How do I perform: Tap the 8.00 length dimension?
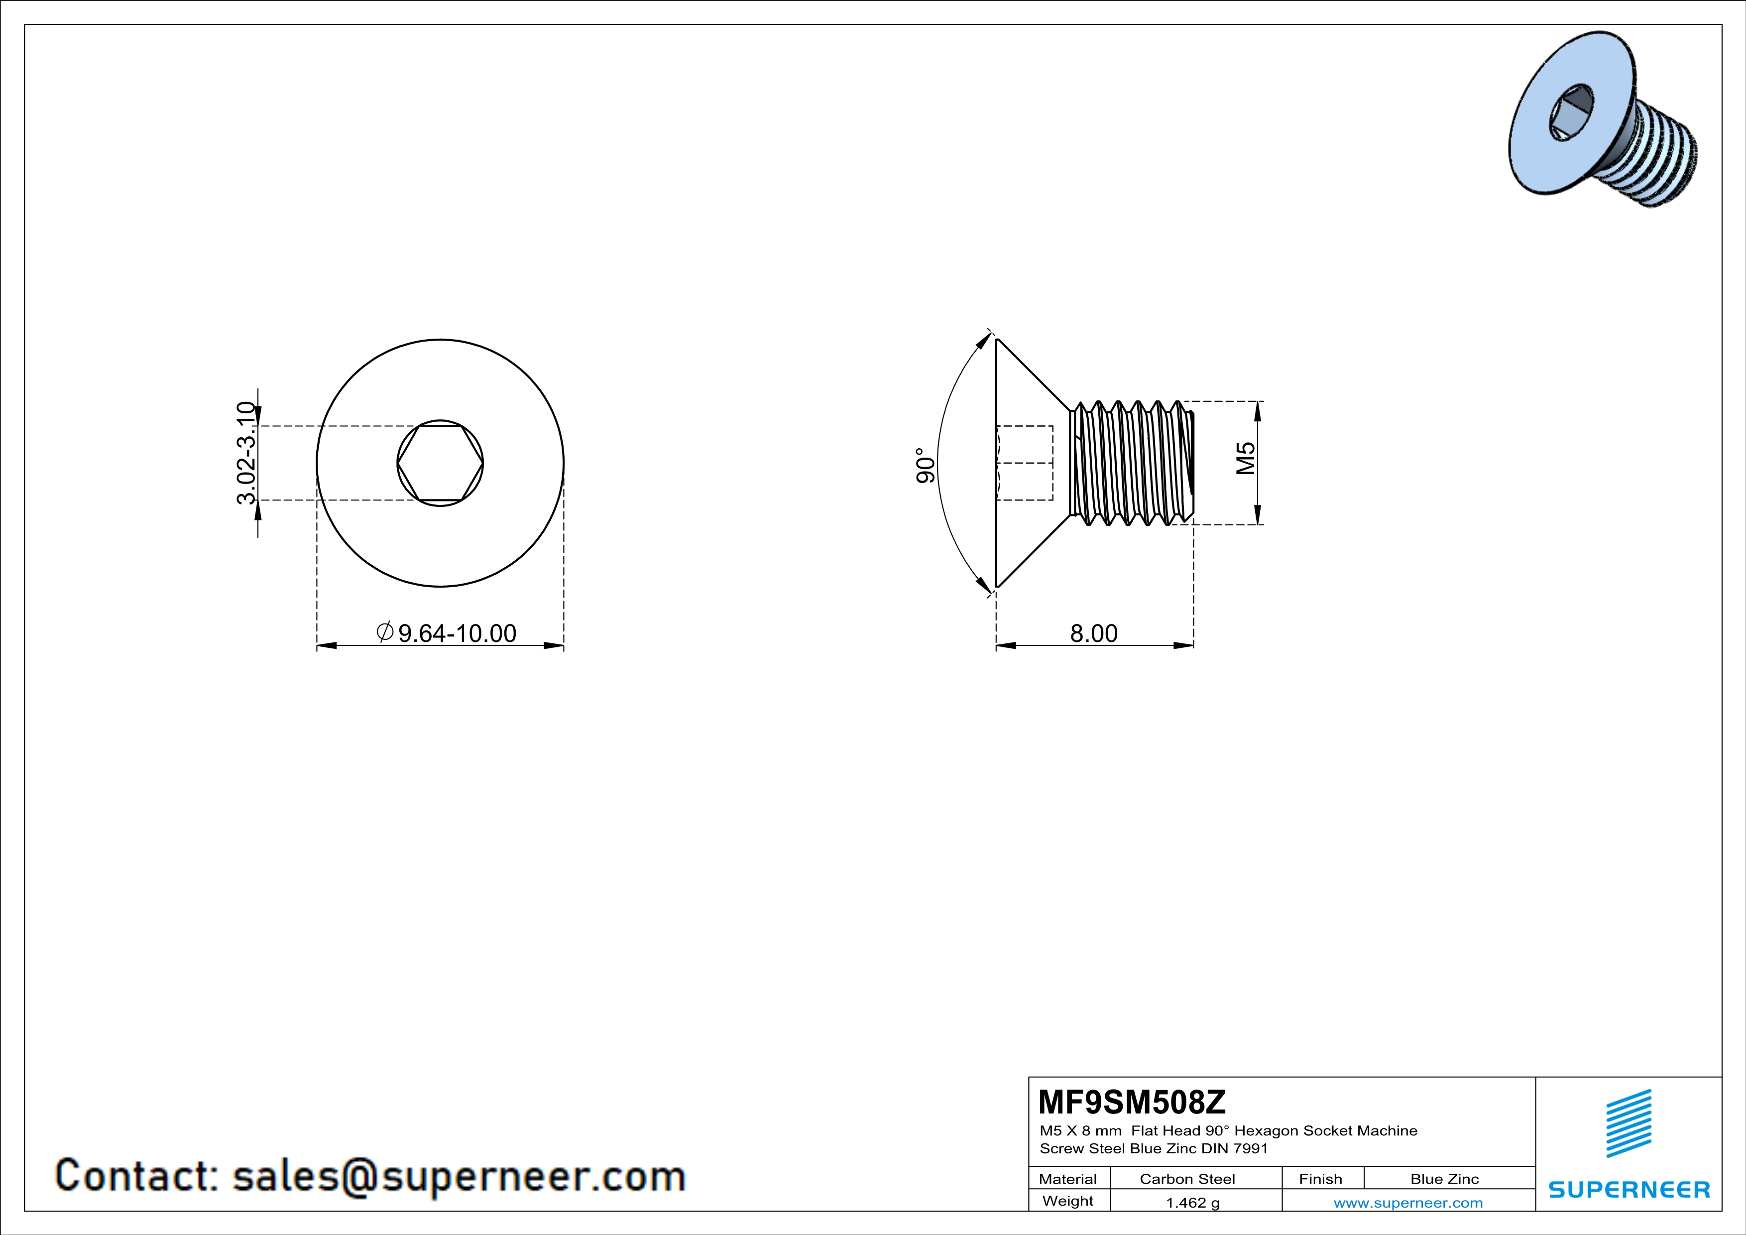(x=1093, y=633)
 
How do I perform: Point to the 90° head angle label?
(x=925, y=466)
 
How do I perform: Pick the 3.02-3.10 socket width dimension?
(x=246, y=454)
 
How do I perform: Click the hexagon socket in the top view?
(x=440, y=463)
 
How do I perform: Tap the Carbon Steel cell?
(x=1187, y=1179)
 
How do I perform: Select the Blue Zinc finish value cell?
(x=1444, y=1179)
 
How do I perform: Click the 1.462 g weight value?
(x=1192, y=1202)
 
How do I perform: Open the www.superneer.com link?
(x=1407, y=1202)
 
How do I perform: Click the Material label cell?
(x=1068, y=1179)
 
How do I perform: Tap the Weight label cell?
(x=1068, y=1201)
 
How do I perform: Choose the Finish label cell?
(x=1320, y=1179)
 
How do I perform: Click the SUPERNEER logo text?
(x=1629, y=1189)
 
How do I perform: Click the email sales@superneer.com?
(x=459, y=1176)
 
